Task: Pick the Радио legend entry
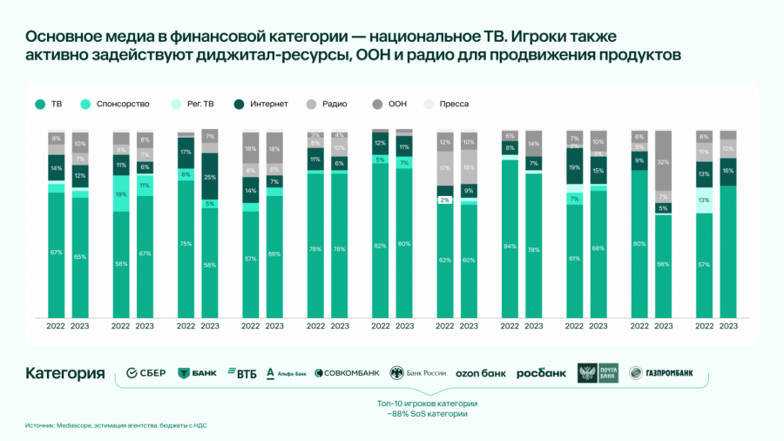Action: (334, 104)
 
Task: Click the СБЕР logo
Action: (145, 373)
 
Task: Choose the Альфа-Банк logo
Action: (287, 373)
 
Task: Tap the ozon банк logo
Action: (481, 373)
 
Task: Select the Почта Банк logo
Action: (597, 373)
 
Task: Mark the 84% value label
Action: (510, 245)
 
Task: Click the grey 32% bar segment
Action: (664, 162)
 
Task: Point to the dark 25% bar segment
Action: (210, 178)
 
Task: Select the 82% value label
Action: (380, 245)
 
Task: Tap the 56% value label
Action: (664, 264)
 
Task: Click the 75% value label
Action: (186, 244)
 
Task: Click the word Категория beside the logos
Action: (64, 373)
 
